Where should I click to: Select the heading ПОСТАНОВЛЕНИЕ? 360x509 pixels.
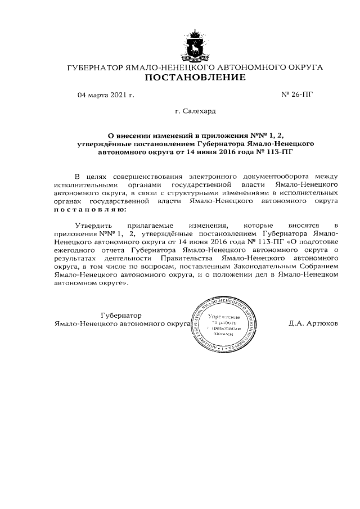[195, 78]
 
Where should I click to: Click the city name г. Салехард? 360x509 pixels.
[195, 112]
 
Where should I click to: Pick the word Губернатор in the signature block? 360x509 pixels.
[121, 315]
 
